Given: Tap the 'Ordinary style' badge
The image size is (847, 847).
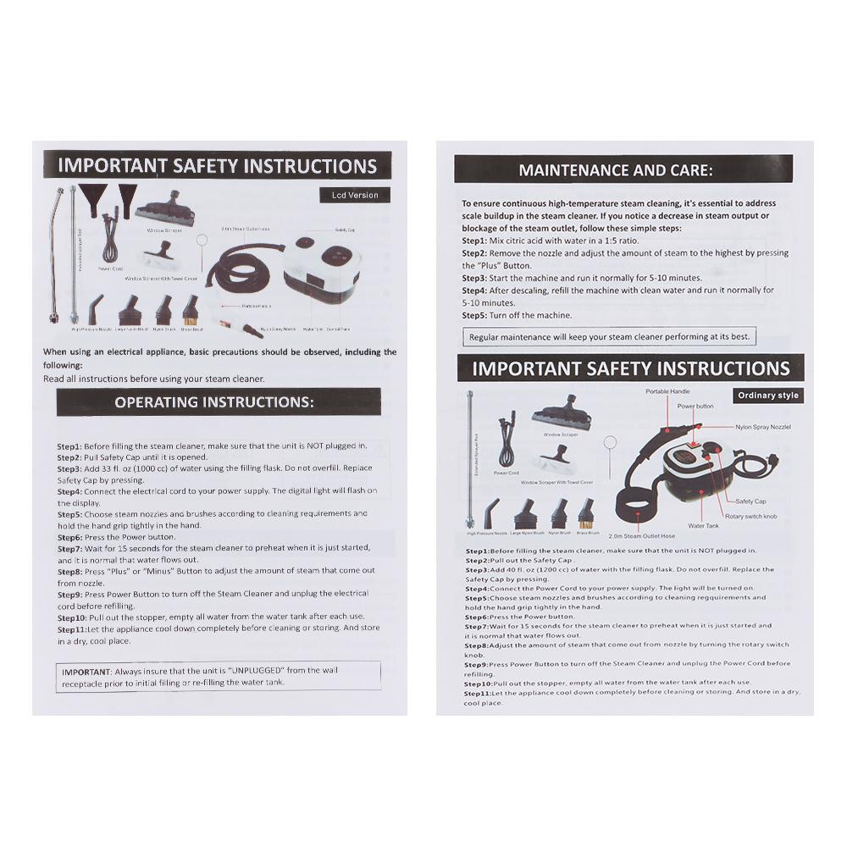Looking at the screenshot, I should coord(767,396).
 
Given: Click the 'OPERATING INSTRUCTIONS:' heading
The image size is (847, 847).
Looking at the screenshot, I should coord(214,401).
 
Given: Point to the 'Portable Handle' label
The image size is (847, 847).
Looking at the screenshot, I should coord(668,391).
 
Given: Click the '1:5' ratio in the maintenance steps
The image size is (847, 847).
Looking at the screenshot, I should coord(610,241).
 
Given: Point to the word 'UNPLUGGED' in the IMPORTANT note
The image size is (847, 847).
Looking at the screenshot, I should coord(259,670).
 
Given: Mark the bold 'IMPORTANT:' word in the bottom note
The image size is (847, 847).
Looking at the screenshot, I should coord(87,670).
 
